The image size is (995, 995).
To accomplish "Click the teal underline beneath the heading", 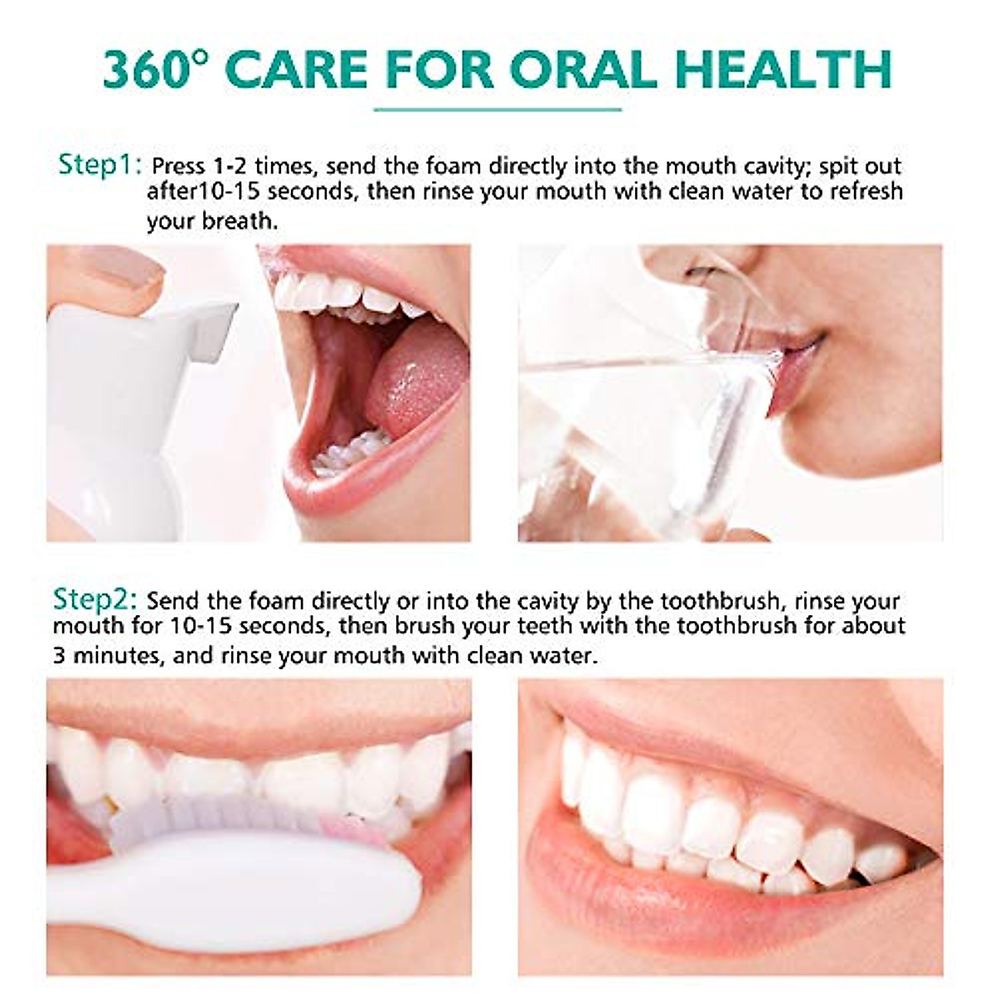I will tap(498, 109).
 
